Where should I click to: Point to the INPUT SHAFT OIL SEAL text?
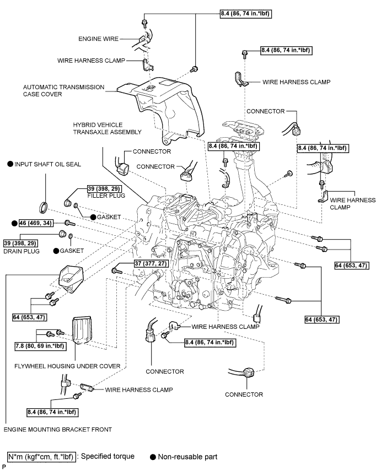44,164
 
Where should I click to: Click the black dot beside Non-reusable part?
153,457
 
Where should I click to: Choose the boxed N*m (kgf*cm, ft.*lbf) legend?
41,457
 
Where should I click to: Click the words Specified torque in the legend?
108,457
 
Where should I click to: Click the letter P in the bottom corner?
4,467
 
